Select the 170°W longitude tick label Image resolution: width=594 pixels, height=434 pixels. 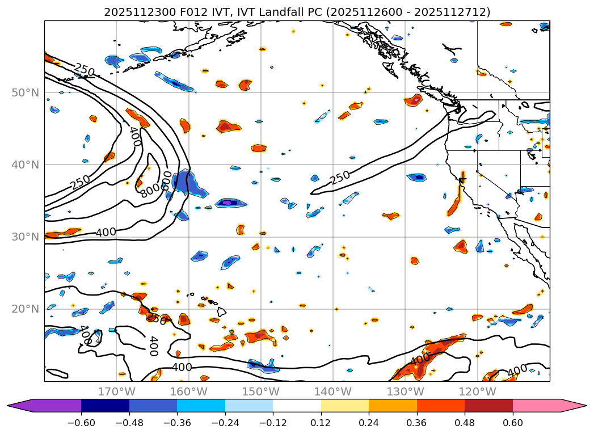pyautogui.click(x=116, y=392)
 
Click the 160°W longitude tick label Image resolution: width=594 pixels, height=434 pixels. pyautogui.click(x=188, y=392)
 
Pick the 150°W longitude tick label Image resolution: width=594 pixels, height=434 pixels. pyautogui.click(x=261, y=392)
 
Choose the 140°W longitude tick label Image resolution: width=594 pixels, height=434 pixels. pyautogui.click(x=333, y=392)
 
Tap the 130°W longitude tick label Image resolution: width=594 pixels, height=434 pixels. pyautogui.click(x=405, y=392)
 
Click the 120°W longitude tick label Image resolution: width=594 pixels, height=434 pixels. pyautogui.click(x=477, y=392)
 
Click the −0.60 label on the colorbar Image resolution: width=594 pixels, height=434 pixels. pyautogui.click(x=81, y=423)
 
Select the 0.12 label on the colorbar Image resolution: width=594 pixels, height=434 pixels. pyautogui.click(x=321, y=423)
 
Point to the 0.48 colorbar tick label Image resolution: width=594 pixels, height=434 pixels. pyautogui.click(x=465, y=423)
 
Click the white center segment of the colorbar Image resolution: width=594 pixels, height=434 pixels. pyautogui.click(x=297, y=406)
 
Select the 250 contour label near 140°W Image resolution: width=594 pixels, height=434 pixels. pyautogui.click(x=340, y=178)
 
